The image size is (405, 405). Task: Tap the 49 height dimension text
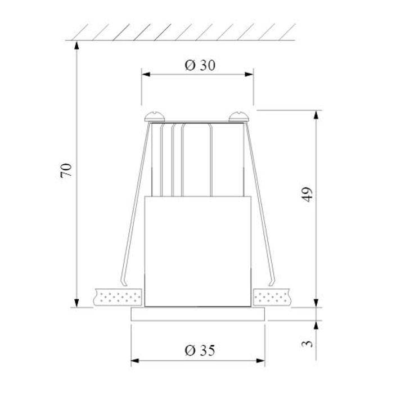coord(307,194)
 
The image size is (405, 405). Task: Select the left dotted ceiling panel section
coord(119,296)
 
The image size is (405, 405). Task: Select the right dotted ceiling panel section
coord(272,296)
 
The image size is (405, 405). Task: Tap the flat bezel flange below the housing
coord(198,314)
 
